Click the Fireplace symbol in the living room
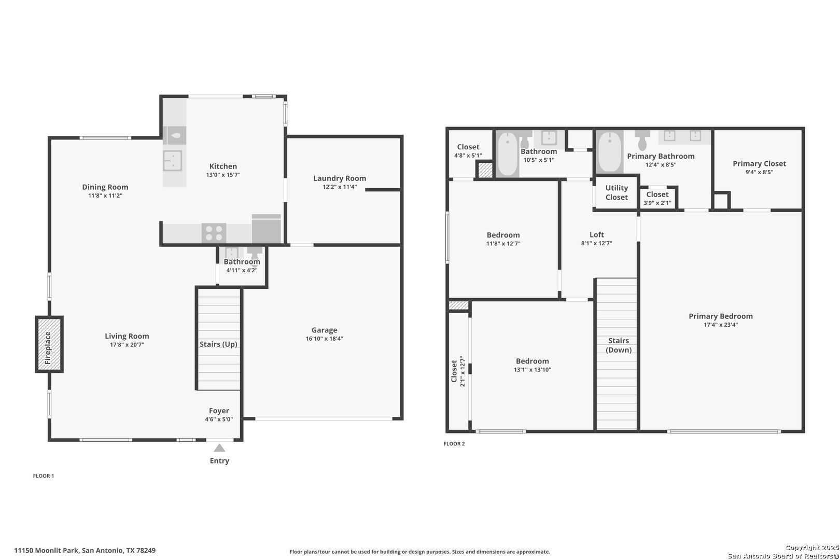pos(49,344)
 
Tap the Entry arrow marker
pos(219,448)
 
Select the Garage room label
pos(325,330)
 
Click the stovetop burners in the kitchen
pos(214,232)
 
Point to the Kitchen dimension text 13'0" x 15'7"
pos(223,175)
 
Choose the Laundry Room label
pos(340,178)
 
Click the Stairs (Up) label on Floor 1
pos(218,344)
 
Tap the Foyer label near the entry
pos(219,411)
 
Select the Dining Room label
pos(105,187)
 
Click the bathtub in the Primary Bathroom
pos(609,152)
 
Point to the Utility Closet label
pos(617,192)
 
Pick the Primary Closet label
pos(760,163)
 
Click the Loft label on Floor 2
pos(597,234)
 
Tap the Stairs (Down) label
pos(619,345)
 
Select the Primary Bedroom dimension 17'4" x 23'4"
pos(721,325)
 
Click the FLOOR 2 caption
pos(454,444)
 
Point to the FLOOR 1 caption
pos(44,476)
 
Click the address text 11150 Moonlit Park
pos(47,551)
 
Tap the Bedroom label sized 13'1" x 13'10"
pos(532,361)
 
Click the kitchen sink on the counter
pos(173,161)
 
